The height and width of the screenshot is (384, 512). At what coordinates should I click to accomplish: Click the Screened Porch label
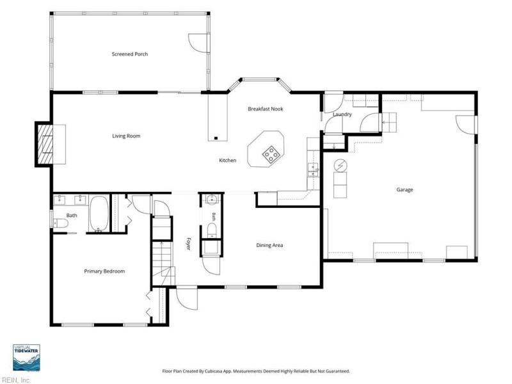click(x=130, y=54)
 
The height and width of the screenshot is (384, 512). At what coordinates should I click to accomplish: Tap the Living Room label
click(x=126, y=136)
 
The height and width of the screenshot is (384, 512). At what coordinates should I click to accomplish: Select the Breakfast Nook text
click(x=265, y=109)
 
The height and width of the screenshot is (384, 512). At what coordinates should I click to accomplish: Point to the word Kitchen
click(x=227, y=161)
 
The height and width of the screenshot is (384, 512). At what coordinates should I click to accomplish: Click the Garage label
click(x=404, y=189)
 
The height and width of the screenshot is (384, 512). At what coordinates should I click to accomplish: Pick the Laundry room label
click(x=342, y=115)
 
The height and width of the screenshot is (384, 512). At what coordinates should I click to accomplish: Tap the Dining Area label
click(x=269, y=245)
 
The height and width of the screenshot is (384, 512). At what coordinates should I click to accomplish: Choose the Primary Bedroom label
click(x=104, y=271)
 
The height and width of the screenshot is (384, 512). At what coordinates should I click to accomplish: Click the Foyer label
click(x=188, y=243)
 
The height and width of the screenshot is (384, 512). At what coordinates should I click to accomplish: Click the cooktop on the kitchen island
click(x=271, y=154)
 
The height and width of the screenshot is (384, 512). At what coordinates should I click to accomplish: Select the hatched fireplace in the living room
click(x=45, y=144)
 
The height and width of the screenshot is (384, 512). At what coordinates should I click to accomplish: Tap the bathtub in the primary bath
click(x=99, y=214)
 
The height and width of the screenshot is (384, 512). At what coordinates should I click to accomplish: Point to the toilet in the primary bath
click(x=61, y=223)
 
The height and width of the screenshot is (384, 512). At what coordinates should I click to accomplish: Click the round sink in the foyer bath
click(x=212, y=199)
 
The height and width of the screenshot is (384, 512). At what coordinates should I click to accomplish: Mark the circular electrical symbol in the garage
click(x=340, y=166)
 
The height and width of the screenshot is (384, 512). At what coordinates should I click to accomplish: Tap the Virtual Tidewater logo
click(x=26, y=358)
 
